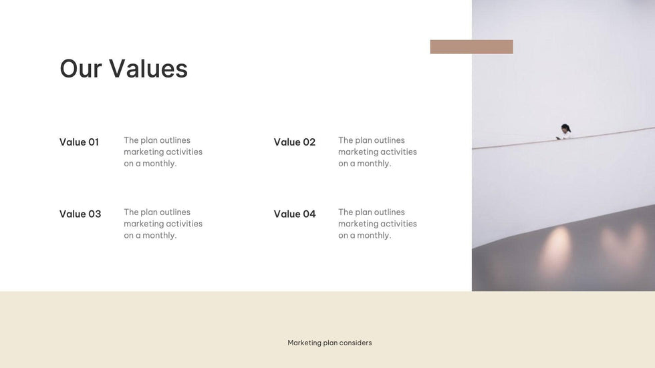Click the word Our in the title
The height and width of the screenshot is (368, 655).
80,69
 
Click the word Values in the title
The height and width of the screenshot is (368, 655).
148,69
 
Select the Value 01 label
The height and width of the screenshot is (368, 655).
79,142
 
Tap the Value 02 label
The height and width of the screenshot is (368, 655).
294,142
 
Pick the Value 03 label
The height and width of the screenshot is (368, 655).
80,214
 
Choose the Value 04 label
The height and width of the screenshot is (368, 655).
294,214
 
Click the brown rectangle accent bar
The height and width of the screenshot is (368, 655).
471,47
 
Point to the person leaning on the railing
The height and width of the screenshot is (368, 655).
565,131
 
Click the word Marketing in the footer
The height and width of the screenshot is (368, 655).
304,343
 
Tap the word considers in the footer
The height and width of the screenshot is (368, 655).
356,343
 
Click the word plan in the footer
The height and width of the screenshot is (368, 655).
330,343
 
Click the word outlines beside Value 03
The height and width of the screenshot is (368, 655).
175,212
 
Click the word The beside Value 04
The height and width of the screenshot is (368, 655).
346,212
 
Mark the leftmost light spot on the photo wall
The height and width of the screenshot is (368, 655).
556,248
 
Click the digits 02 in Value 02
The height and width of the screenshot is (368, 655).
309,142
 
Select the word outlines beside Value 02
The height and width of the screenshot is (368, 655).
390,140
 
